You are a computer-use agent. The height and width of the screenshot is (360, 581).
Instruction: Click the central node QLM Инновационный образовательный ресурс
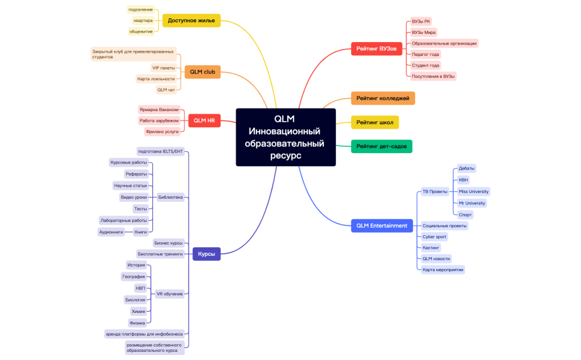(x=285, y=137)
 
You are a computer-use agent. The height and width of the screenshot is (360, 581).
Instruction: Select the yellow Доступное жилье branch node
(x=191, y=21)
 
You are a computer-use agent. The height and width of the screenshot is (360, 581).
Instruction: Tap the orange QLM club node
(x=202, y=72)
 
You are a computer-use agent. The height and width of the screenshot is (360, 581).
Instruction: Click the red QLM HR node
(x=204, y=120)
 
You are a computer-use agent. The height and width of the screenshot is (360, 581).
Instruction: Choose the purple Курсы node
(x=206, y=254)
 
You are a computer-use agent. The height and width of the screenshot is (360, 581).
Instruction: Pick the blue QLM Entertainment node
(x=382, y=225)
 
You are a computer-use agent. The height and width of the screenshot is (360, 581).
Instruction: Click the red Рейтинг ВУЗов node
(x=376, y=48)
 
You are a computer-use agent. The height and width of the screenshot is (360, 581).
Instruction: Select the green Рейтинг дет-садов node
(x=381, y=146)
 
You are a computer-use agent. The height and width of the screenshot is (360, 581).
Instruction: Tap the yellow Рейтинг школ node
(x=374, y=122)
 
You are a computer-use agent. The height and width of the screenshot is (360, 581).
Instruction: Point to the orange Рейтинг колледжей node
(x=382, y=98)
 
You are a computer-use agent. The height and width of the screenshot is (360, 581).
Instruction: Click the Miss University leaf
(x=473, y=191)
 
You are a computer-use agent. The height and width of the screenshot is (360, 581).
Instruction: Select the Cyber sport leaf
(x=434, y=236)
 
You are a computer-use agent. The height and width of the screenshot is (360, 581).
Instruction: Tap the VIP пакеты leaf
(x=164, y=68)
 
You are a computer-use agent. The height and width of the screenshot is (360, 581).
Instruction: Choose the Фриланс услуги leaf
(x=162, y=132)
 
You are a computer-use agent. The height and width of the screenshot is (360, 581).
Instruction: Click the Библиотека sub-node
(x=170, y=197)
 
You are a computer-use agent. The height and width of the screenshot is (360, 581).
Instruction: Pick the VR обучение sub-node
(x=169, y=294)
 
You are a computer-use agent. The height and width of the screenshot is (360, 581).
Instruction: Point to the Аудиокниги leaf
(x=111, y=232)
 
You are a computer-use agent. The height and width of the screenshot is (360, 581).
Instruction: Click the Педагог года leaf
(x=425, y=55)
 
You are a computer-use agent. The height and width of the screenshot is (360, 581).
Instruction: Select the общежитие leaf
(x=141, y=31)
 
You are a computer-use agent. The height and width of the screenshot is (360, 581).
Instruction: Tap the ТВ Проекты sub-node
(x=435, y=191)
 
